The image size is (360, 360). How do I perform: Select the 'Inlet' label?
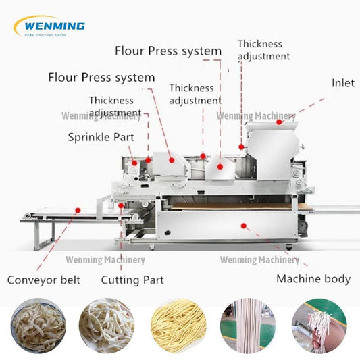[342, 83]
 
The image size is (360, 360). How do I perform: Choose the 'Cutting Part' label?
[132, 280]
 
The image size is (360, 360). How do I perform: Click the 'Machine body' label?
[313, 278]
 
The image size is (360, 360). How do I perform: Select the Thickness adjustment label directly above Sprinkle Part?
[115, 107]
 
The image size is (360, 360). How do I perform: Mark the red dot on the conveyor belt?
[78, 210]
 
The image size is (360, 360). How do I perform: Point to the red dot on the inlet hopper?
[279, 122]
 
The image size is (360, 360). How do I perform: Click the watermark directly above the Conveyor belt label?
[105, 260]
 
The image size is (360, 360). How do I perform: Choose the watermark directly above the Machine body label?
[259, 260]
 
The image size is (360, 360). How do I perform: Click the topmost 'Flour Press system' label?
[168, 51]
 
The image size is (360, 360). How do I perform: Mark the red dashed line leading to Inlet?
[304, 109]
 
